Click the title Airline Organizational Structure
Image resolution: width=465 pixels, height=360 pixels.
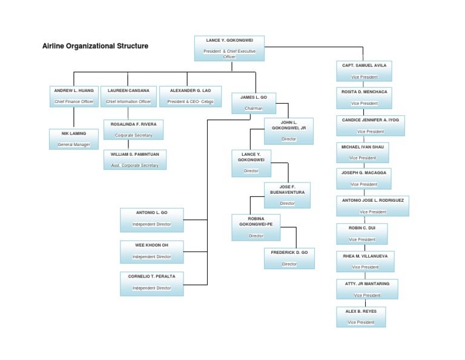pos(95,46)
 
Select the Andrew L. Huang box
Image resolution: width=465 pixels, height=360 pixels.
pos(74,96)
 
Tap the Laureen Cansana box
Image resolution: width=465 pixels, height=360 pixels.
pos(128,96)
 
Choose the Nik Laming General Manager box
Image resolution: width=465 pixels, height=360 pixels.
pos(74,139)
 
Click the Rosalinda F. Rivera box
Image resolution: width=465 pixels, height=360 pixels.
pos(133,130)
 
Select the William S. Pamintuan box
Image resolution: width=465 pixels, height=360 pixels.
pos(134,159)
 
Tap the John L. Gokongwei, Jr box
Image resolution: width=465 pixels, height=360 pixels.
pos(289,131)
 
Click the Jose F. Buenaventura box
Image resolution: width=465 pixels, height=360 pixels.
pos(287,195)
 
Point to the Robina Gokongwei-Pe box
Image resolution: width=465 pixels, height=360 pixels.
pos(256,227)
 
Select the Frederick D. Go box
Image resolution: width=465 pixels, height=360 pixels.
pos(289,258)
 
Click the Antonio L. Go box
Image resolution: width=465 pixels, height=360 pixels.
pos(151,218)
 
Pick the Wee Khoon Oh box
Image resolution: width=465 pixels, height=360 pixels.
pos(151,251)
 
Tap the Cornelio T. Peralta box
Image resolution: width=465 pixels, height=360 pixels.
pos(151,282)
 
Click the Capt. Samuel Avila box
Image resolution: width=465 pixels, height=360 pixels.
pos(364,71)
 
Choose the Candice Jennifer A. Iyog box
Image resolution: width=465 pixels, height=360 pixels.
pos(370,125)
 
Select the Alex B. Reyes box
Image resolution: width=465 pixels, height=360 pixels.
pos(361,316)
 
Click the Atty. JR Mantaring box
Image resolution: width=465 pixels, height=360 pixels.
pos(368,289)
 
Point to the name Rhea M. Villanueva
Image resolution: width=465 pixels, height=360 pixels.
pos(365,256)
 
